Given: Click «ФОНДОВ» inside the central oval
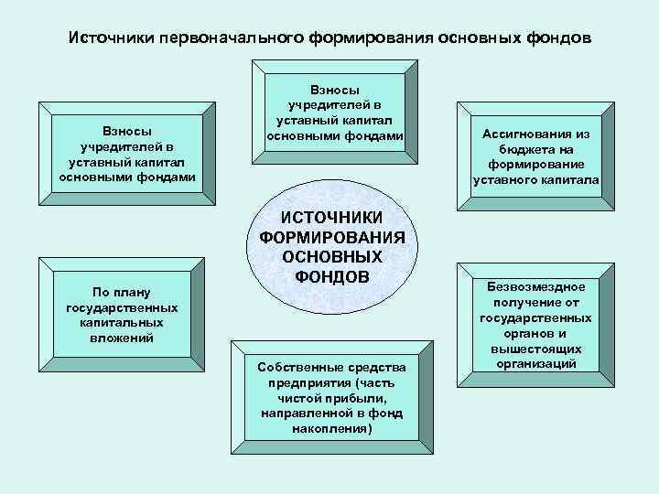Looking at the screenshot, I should [332, 276].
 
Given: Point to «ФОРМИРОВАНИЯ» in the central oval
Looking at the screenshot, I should [331, 237].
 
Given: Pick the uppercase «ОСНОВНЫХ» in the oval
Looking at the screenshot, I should [332, 256].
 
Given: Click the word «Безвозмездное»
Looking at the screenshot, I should [535, 286].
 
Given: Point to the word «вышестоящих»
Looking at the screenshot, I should [535, 349].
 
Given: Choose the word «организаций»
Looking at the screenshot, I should [535, 364].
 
